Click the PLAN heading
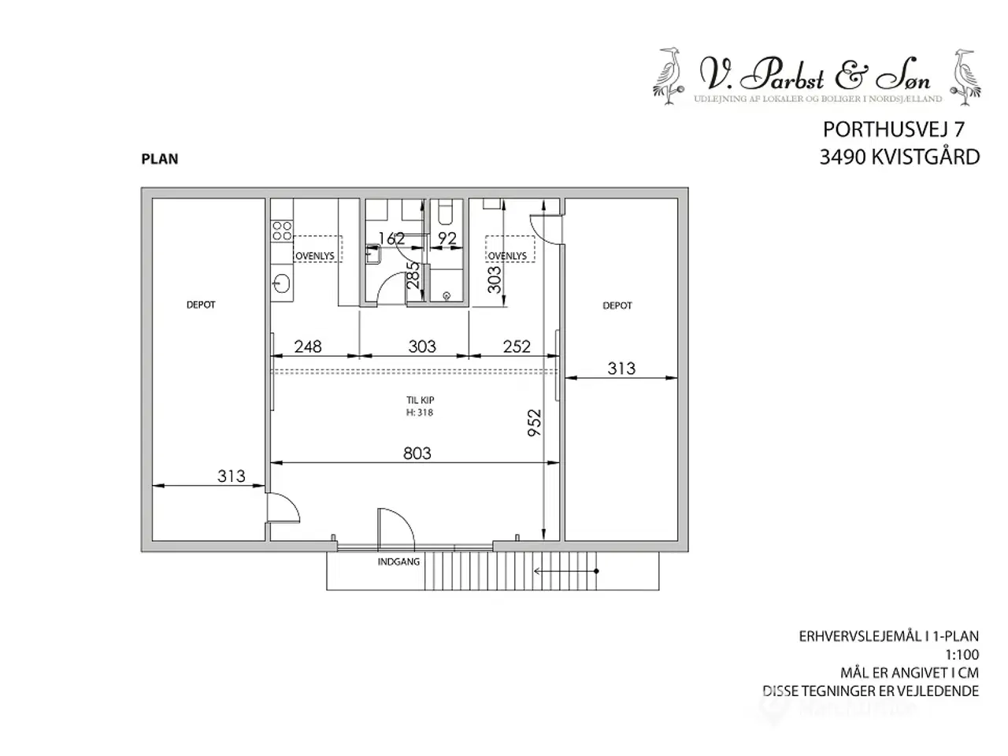[x=160, y=159]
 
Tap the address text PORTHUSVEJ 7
[x=893, y=129]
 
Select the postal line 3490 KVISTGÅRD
[x=899, y=157]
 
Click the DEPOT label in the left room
[x=201, y=305]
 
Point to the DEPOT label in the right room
[x=617, y=306]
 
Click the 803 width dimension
[x=417, y=453]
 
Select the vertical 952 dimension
[x=535, y=424]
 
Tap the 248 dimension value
[x=307, y=346]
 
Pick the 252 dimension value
[x=517, y=346]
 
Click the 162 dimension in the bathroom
[x=391, y=238]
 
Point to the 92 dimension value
[x=447, y=238]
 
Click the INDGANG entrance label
[x=398, y=562]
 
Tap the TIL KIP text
[x=420, y=400]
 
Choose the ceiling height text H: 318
[x=420, y=412]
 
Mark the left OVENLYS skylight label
[x=315, y=256]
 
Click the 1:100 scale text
[x=962, y=654]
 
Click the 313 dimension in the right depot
[x=621, y=368]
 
